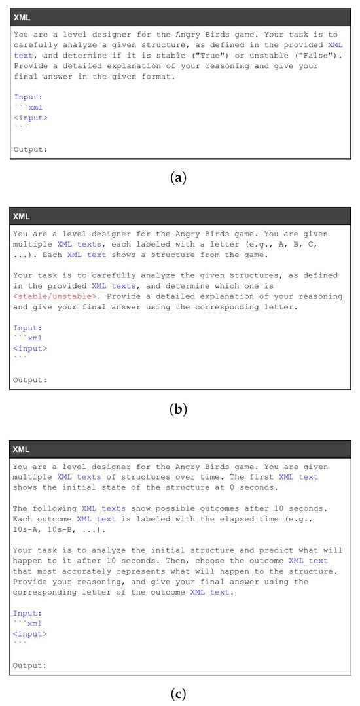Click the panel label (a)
179,177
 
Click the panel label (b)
179,410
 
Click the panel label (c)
179,694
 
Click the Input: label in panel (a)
27,97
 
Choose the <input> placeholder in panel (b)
30,349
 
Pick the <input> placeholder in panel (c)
30,634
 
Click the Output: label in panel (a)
30,149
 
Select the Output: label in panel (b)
30,380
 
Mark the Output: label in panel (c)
30,665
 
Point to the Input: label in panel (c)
27,613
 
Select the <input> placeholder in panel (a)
30,118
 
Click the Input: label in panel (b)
27,328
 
